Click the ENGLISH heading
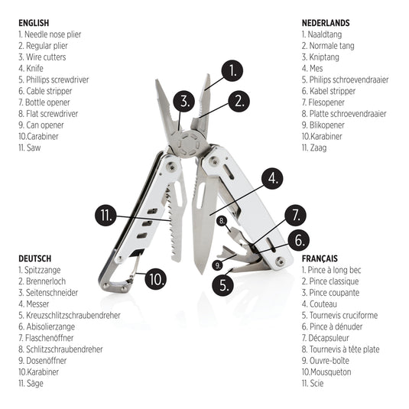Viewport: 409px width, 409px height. tap(34, 23)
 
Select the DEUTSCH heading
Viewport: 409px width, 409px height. tap(36, 258)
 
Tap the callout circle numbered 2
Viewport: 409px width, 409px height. tap(240, 99)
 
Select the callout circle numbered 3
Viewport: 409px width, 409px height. tap(183, 100)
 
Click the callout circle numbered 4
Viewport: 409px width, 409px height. tap(272, 179)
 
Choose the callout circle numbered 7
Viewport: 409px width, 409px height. tap(295, 215)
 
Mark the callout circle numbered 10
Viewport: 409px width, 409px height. tap(156, 278)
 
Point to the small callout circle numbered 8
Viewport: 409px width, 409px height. tap(222, 221)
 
